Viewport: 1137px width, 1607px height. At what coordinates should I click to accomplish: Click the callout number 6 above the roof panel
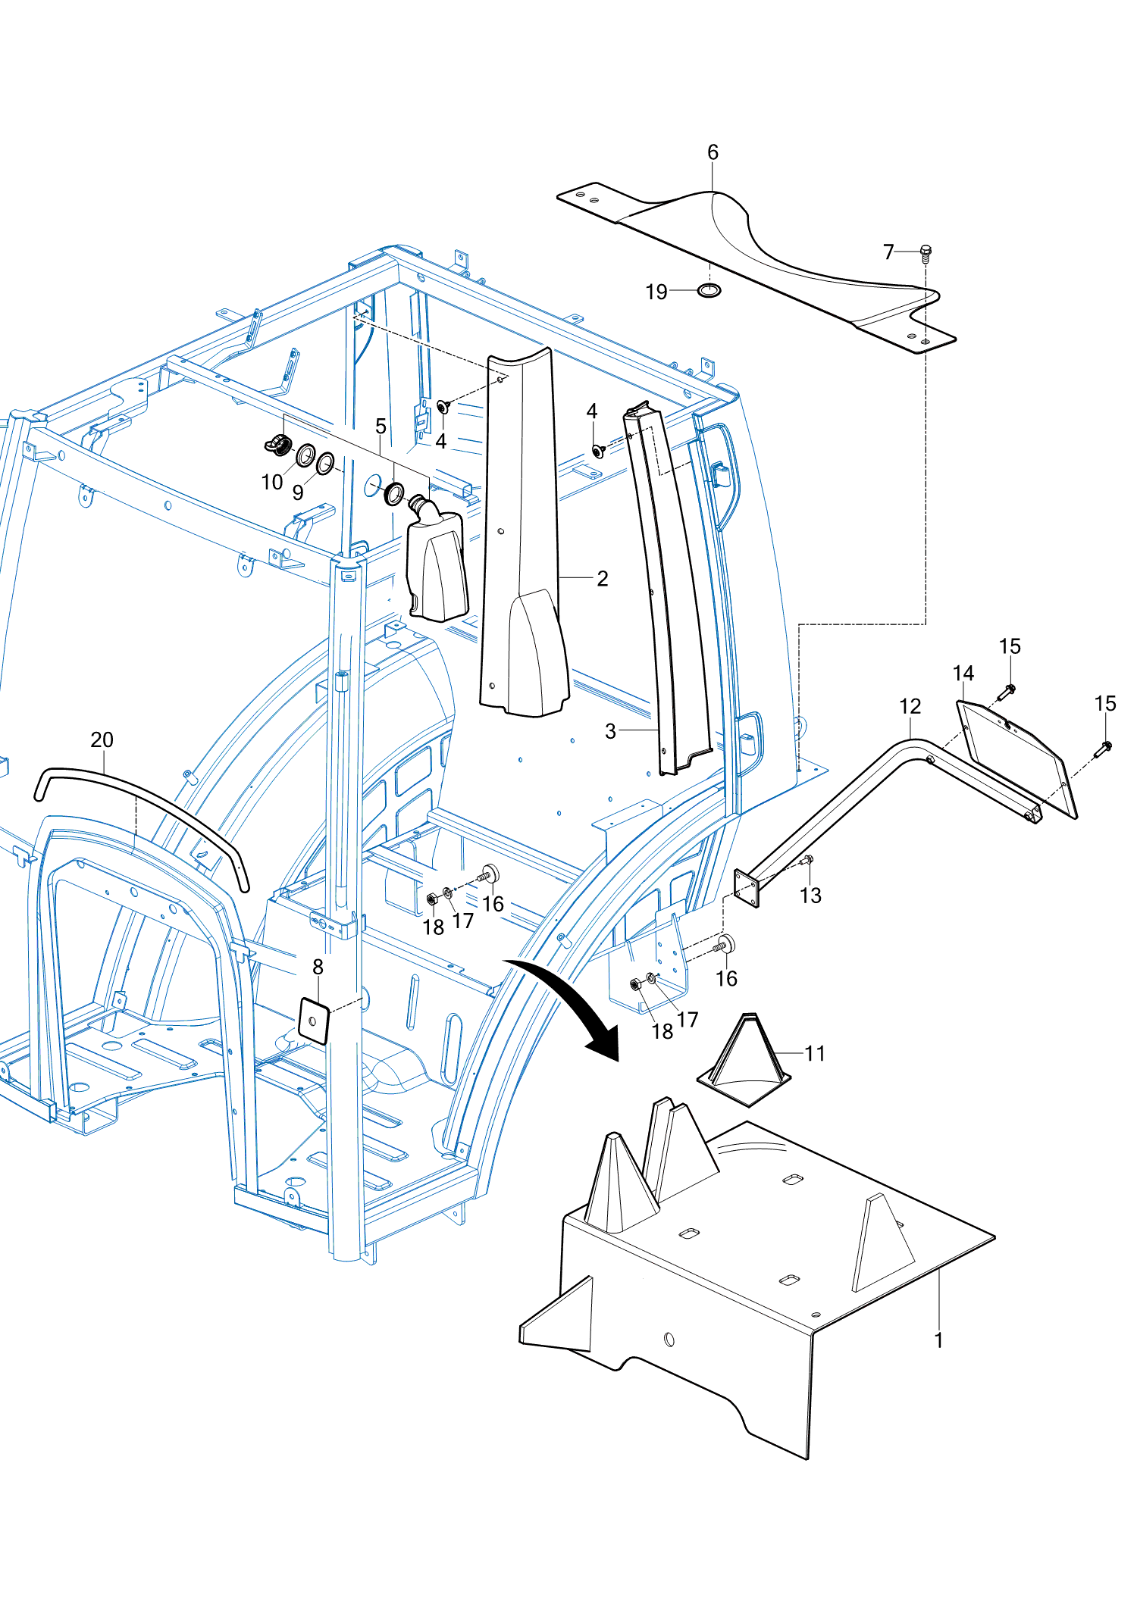713,152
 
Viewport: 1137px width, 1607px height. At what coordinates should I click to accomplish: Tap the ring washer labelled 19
709,290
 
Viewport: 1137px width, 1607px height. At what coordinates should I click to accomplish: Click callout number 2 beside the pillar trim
603,579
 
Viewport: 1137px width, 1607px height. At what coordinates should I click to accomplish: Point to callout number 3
611,731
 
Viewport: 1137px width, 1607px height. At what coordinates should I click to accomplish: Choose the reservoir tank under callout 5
437,561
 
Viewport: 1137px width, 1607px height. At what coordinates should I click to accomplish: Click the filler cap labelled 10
280,445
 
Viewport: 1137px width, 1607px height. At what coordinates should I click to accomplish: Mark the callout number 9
298,492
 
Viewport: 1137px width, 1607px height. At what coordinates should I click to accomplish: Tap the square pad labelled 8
314,1021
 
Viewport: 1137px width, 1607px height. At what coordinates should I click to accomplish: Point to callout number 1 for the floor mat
939,1340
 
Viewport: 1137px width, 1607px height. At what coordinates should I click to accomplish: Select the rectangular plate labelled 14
1016,759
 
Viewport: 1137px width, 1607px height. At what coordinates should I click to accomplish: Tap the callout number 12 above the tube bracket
910,707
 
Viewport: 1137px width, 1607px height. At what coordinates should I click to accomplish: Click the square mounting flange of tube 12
747,888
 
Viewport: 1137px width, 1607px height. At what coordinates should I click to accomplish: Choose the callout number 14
963,674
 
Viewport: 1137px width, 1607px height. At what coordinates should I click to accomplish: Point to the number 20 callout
102,740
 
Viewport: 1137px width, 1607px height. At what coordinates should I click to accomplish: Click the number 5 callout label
381,427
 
